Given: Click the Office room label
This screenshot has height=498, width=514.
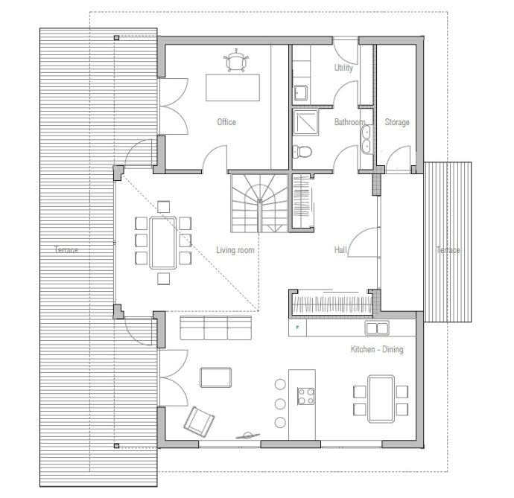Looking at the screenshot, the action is (226, 122).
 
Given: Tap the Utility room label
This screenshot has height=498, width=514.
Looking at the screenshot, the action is (343, 68).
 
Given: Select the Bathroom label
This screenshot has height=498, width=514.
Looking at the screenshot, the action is (349, 122).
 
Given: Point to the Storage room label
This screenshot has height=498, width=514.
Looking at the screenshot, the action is (397, 122).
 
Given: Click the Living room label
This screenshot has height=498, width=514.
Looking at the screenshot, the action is (235, 250).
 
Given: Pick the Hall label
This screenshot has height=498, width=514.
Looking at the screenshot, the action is (340, 250).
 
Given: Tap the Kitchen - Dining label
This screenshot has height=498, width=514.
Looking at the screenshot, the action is (377, 349).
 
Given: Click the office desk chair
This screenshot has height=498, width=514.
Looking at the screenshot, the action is (236, 60).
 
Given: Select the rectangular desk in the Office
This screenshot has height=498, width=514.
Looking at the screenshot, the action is (232, 88).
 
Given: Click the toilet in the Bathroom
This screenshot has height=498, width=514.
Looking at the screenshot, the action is (302, 152).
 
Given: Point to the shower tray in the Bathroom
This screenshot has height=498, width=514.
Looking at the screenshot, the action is (305, 122).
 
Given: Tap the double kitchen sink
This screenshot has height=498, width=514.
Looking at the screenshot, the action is (377, 328).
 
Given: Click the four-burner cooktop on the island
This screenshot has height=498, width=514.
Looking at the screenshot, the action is (306, 396).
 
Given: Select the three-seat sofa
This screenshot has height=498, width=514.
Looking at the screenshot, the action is (216, 328).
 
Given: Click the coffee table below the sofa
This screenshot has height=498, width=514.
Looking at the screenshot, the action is (216, 377).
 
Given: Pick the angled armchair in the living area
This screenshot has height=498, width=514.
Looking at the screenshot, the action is (199, 422).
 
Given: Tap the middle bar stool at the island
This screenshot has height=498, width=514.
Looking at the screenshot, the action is (280, 404).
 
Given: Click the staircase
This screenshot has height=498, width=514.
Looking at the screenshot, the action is (259, 203).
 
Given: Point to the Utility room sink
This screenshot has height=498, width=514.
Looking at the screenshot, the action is (301, 93).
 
